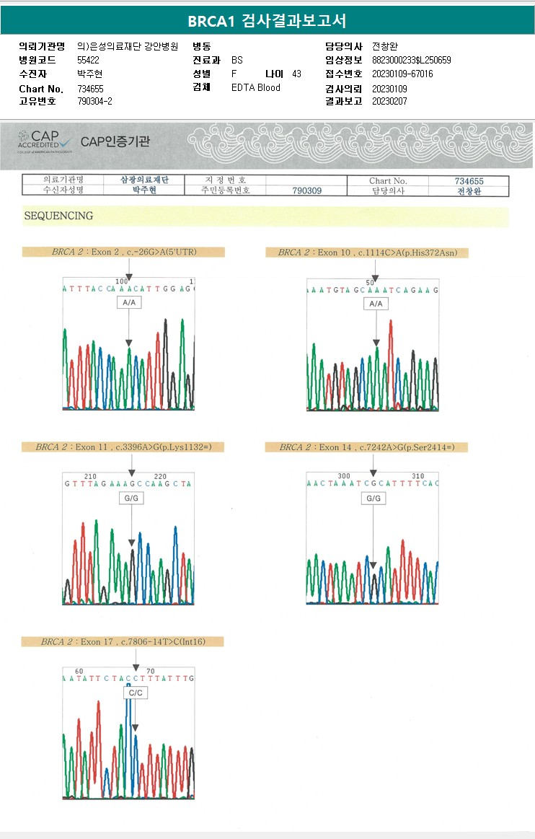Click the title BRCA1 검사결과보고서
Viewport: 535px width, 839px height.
coord(267,21)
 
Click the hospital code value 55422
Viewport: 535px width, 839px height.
coord(88,60)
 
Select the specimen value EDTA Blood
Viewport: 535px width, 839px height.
coord(256,88)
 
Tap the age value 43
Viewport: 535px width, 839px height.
coord(297,74)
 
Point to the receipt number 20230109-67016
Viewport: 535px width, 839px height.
coord(402,74)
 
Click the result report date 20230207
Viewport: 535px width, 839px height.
coord(389,102)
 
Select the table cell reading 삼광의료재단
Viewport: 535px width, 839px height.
coord(145,180)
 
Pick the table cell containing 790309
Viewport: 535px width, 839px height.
coord(306,190)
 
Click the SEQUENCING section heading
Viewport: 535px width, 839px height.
coord(58,216)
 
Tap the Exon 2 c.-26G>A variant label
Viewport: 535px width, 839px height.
coord(123,252)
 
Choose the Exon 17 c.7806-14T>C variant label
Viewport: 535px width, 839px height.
coord(123,641)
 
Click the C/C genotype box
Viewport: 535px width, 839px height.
coord(135,693)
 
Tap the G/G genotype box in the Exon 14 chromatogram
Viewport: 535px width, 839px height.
coord(373,498)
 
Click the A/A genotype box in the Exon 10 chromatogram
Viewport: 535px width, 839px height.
coord(376,304)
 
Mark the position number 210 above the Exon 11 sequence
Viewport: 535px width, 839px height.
coord(90,476)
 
